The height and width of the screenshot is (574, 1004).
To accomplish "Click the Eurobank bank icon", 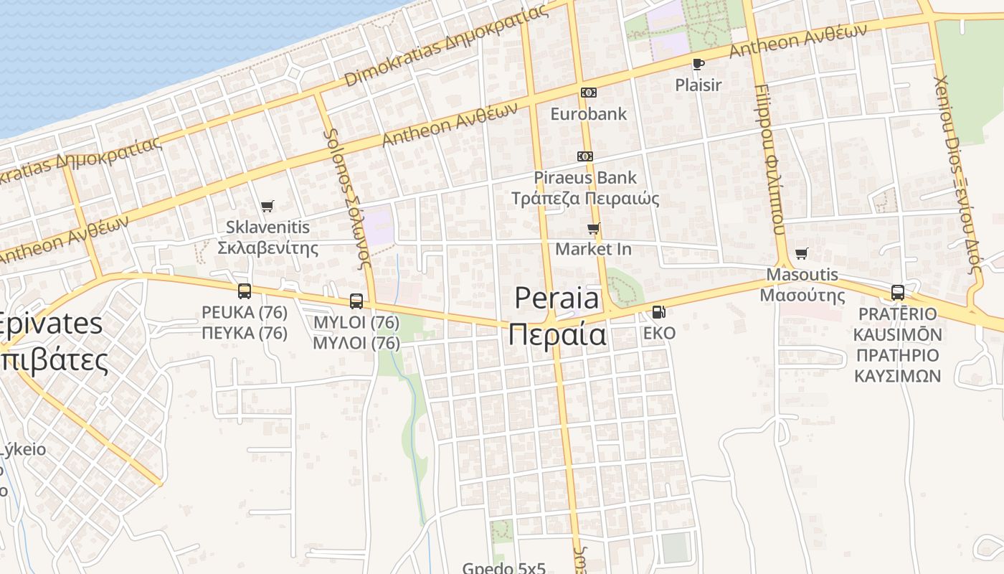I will coord(588,93).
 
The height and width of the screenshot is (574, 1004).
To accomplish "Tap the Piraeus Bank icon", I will coord(585,156).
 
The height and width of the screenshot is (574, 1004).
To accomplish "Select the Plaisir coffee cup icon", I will coord(698,64).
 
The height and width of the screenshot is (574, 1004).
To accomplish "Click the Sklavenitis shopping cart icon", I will coord(267,207).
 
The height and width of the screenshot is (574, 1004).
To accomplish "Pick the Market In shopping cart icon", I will coord(593,229).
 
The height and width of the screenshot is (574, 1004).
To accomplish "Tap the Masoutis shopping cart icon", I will coord(801,254).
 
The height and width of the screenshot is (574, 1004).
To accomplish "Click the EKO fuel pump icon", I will coord(658,312).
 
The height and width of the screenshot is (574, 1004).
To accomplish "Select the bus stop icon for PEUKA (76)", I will coord(245,291).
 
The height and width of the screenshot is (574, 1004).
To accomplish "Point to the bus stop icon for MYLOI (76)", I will coord(356,301).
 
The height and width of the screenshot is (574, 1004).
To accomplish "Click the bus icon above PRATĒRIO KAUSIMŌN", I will coord(897,293).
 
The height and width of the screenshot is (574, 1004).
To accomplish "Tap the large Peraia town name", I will coord(557,298).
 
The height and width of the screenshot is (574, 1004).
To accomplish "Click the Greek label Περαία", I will coord(557,335).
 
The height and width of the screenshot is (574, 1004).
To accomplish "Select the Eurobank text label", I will coord(588,113).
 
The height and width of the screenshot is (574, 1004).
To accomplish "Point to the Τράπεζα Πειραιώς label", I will coord(585,198).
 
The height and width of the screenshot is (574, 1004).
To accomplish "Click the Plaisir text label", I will coord(698,85).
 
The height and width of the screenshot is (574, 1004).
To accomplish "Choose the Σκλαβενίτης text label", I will coord(267,248).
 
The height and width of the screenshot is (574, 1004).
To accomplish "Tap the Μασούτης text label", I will coord(802,295).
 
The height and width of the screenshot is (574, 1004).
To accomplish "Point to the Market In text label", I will coord(593,249).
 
